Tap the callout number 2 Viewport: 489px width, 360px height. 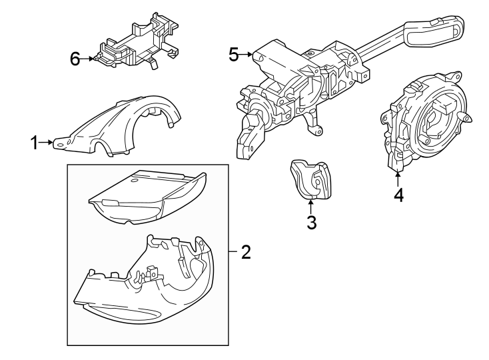(x=245, y=252)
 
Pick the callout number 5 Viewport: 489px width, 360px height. (x=233, y=55)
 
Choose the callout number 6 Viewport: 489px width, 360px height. (x=76, y=59)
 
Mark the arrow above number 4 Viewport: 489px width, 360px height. (x=398, y=178)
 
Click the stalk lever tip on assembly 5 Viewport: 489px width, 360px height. (x=433, y=30)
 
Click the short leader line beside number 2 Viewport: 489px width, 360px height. (x=233, y=252)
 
